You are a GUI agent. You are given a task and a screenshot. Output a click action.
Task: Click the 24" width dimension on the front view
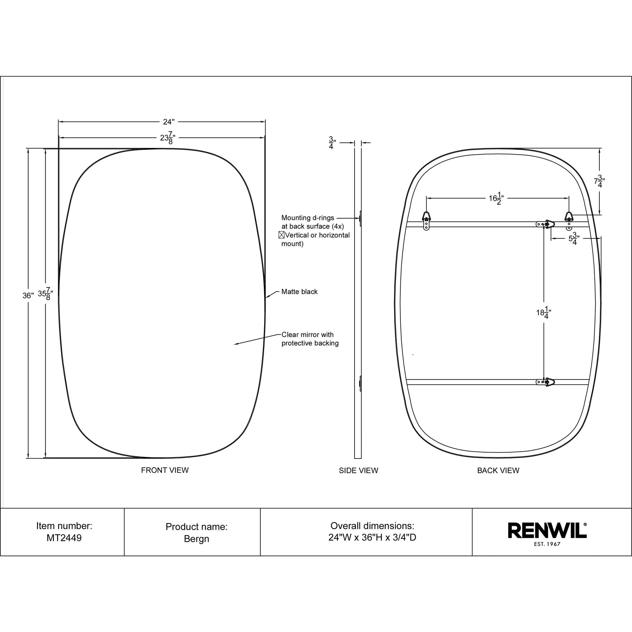(168, 122)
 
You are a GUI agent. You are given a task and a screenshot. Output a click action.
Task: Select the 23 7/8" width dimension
(167, 138)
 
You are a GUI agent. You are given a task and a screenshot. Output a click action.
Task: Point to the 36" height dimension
(28, 295)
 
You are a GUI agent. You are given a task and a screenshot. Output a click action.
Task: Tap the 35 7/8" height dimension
(46, 294)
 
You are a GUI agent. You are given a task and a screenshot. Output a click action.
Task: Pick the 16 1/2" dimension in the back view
(496, 198)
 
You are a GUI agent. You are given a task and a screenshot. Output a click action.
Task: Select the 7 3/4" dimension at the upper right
(599, 181)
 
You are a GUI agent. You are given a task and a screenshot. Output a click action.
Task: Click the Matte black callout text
(299, 291)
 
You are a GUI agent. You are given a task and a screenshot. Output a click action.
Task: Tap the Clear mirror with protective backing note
(309, 338)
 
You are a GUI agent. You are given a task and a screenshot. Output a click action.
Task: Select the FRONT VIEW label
(165, 470)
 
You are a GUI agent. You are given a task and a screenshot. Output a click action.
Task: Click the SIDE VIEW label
(358, 471)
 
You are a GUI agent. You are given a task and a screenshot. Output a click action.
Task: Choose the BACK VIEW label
(498, 471)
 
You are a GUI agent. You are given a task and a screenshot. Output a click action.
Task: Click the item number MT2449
(64, 538)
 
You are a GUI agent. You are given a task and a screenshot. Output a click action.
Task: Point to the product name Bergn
(196, 538)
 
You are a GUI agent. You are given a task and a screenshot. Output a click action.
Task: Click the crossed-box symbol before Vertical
(281, 235)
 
